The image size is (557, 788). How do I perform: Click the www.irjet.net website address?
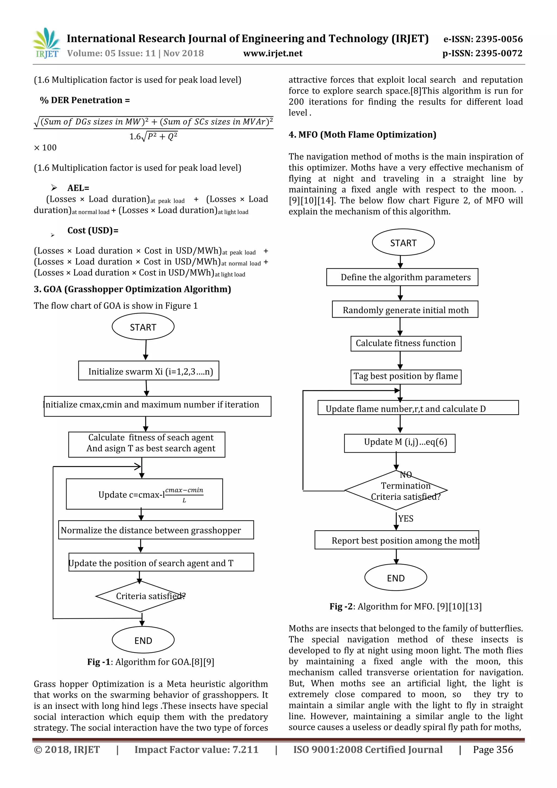pos(273,54)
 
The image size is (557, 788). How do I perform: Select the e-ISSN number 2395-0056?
pos(483,39)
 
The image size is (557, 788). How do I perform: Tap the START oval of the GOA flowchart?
pos(143,327)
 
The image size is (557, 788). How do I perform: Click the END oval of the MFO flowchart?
pos(395,578)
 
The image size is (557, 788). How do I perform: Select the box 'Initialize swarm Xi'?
pos(148,371)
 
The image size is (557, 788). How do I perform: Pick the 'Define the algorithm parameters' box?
pos(402,277)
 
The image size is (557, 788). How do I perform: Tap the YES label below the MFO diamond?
pos(406,519)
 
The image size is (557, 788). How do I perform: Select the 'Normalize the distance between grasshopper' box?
pos(156,530)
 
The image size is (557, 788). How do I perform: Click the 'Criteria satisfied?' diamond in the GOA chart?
pos(141,596)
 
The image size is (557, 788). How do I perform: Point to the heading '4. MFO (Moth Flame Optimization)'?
pos(362,135)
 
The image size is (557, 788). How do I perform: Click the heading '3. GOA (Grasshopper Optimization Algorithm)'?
pos(132,289)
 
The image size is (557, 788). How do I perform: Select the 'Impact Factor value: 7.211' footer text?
pos(196,750)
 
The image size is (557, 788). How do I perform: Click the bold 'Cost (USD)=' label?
pos(93,231)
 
